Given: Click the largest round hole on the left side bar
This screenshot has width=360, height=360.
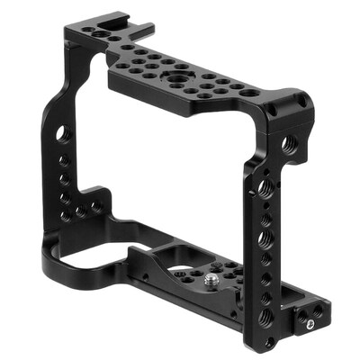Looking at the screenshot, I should point(61,133).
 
